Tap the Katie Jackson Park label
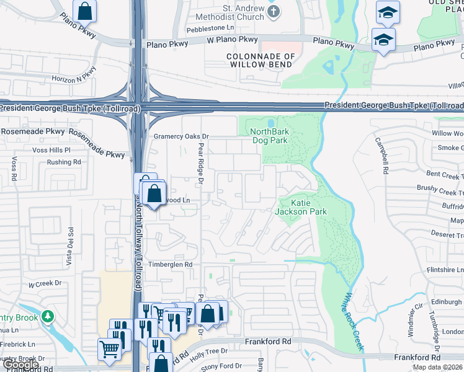pos(300,207)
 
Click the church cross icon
pos(272,11)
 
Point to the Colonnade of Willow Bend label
pos(260,60)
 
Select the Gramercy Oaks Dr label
pos(182,136)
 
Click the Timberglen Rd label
pos(170,264)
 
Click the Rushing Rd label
pos(64,162)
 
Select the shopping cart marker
pos(109,348)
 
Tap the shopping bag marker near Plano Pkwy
pos(84,11)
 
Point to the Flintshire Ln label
pos(445,270)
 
